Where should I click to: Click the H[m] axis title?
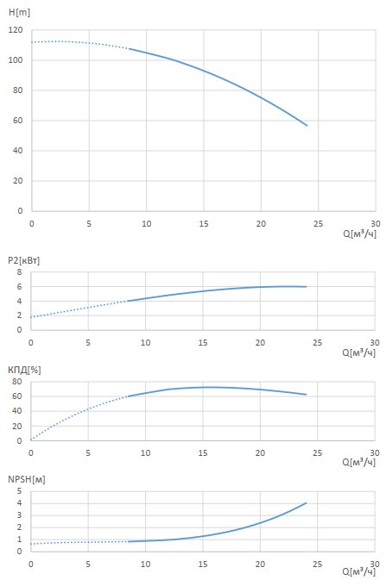[19, 12]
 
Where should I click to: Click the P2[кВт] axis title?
[23, 260]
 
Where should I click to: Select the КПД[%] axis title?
[24, 370]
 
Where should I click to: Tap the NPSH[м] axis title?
[26, 479]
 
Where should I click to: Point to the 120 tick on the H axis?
[16, 30]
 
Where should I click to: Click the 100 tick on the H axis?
[16, 60]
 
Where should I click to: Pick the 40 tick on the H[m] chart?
[17, 151]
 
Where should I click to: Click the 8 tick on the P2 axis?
[20, 271]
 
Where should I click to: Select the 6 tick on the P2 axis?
[20, 287]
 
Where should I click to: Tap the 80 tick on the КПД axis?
[17, 382]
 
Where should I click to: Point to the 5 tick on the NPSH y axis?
[20, 491]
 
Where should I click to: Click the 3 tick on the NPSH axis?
[20, 515]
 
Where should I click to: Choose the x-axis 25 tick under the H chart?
[318, 224]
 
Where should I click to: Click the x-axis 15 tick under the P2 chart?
[203, 343]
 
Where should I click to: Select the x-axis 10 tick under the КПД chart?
[145, 452]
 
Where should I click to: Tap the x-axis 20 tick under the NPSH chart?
[260, 564]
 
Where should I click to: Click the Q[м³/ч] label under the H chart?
[360, 234]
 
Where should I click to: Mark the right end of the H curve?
[307, 126]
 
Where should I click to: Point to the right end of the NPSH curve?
[306, 503]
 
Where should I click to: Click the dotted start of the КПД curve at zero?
[31, 440]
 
